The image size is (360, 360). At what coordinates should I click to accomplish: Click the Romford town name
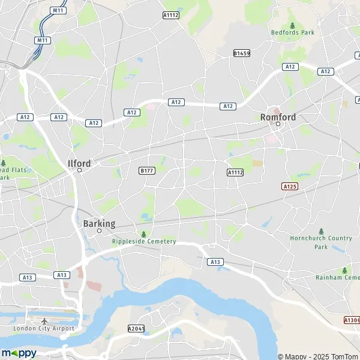point(278,117)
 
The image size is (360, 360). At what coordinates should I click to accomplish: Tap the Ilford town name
point(79,163)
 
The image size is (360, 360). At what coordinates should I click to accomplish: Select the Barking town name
point(98,223)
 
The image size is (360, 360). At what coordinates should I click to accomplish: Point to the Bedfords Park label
point(292,32)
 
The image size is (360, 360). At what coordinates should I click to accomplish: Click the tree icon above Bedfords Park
point(292,25)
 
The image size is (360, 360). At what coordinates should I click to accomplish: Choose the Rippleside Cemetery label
point(144,241)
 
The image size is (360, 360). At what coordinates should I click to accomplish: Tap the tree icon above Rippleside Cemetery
point(143,233)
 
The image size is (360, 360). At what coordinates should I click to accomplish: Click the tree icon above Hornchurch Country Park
point(322,231)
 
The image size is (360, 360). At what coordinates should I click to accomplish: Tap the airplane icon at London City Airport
point(45,321)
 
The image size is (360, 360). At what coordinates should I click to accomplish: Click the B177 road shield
point(147,170)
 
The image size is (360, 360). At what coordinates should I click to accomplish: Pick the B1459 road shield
point(241,53)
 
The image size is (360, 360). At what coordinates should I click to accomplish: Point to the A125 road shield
point(290,187)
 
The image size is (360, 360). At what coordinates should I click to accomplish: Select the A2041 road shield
point(137,328)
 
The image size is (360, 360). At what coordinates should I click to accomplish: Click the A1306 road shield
point(352,320)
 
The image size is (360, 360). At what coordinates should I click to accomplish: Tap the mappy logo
point(19,352)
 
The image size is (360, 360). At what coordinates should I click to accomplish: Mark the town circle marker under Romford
point(278,124)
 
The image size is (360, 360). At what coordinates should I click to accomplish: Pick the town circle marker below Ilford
point(79,170)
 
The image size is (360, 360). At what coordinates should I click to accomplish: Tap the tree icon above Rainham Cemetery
point(344,270)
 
